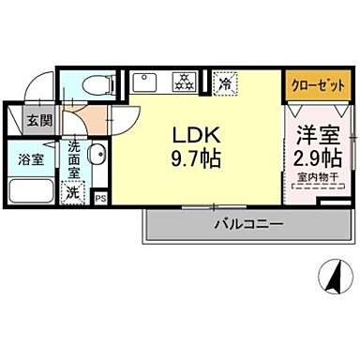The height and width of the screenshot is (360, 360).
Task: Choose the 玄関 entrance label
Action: click(x=37, y=121)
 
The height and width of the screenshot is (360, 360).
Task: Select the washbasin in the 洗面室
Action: click(x=97, y=155)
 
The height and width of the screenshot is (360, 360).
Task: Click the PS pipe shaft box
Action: click(x=99, y=197)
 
